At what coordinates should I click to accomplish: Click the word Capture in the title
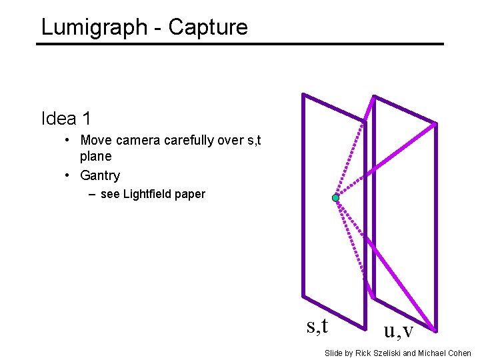point(207,28)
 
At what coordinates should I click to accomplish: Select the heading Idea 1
point(66,119)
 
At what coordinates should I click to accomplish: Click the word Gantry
point(100,176)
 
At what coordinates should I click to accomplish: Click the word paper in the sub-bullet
point(190,195)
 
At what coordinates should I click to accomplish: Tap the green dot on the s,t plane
point(335,198)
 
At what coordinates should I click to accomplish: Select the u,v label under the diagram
point(399,329)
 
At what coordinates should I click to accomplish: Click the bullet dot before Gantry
point(68,176)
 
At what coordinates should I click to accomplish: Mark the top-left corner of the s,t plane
point(303,95)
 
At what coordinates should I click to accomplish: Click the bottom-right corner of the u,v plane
point(436,329)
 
